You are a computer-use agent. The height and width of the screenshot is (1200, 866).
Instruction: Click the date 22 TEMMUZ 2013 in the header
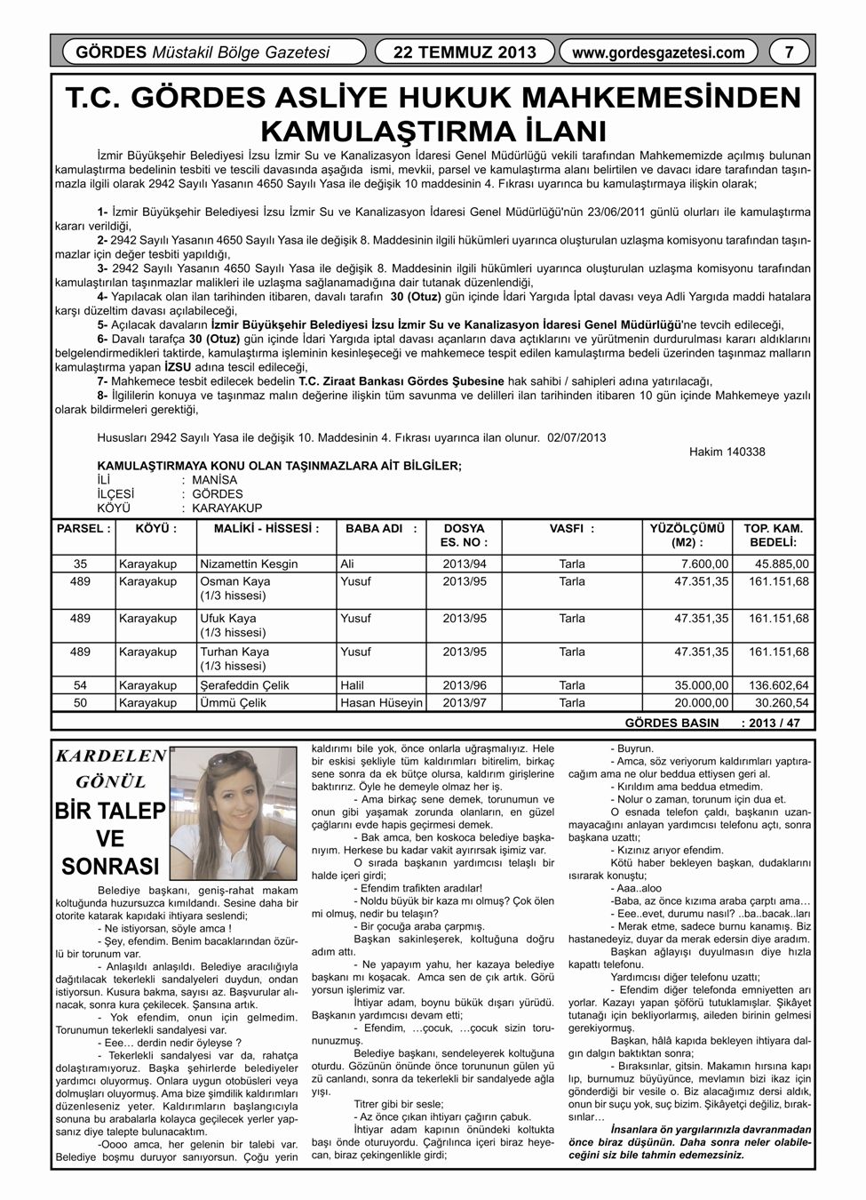coord(465,52)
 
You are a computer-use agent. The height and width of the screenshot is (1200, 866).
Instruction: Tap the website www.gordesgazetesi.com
coord(658,52)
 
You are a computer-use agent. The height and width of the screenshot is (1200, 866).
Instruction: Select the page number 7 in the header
coord(789,52)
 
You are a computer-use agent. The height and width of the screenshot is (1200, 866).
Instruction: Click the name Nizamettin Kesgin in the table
coord(249,564)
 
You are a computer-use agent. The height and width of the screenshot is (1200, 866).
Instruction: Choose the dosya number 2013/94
coord(465,564)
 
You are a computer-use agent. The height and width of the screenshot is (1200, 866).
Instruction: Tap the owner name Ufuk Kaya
coord(228,618)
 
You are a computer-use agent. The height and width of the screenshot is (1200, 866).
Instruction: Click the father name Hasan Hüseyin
coord(381,702)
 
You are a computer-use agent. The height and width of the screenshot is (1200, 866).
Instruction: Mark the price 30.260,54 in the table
coord(779,702)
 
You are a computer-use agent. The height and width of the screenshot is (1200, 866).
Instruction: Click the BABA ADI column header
coord(380,528)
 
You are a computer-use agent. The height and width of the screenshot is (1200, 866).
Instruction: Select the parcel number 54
coord(81,685)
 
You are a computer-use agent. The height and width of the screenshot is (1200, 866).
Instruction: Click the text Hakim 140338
coord(727,452)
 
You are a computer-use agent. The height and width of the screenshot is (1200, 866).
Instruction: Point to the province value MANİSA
coord(215,480)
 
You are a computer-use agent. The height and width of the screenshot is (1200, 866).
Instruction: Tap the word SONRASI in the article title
coord(110,866)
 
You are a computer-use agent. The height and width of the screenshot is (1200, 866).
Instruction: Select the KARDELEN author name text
coord(111,756)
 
